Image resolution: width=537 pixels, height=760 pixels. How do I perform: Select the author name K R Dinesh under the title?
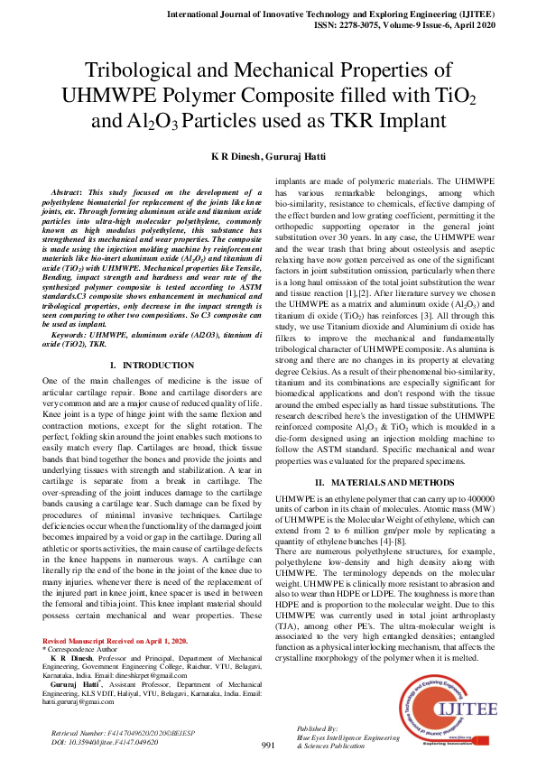point(236,155)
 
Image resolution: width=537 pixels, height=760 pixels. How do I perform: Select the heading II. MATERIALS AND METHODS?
point(384,482)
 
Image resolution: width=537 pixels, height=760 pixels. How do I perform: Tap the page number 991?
point(268,745)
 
